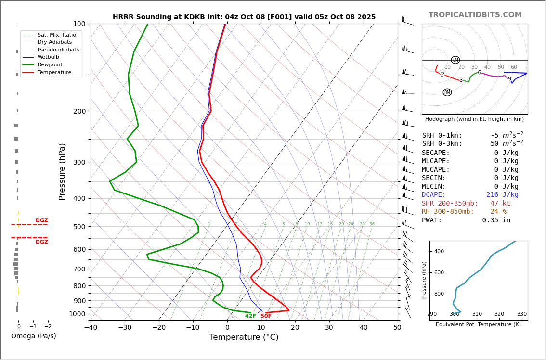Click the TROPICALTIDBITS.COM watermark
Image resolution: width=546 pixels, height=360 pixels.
coord(475,15)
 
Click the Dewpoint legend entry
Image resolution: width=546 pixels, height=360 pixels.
coord(51,64)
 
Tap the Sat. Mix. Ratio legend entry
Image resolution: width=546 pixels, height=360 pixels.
coord(56,35)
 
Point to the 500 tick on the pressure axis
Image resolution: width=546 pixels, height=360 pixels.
coord(79,227)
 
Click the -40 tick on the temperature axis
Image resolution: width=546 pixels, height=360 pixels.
coord(91,328)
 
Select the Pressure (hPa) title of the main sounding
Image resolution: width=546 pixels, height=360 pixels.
coord(62,171)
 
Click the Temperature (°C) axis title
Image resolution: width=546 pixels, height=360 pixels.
coord(244,337)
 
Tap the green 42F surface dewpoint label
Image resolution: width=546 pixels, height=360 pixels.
coord(250,316)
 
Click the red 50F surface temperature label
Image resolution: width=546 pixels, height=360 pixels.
coord(266,316)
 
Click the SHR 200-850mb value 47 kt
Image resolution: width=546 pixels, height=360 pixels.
coord(500,204)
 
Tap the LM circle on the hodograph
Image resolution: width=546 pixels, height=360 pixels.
coord(455,60)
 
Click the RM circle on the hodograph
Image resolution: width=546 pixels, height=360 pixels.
coord(447,92)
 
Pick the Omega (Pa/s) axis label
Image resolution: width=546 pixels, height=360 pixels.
coord(33,336)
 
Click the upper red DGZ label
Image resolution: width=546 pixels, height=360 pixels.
coord(41,220)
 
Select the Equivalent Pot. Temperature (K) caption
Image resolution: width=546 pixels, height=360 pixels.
coord(478,324)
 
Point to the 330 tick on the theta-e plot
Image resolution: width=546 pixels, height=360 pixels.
coord(521,314)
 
